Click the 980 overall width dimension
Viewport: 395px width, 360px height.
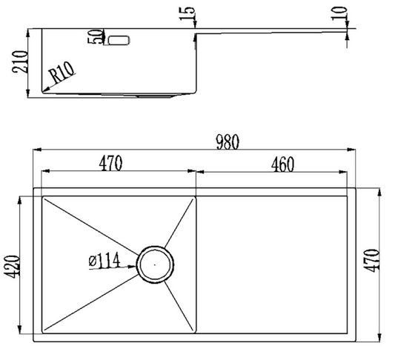pyautogui.click(x=228, y=142)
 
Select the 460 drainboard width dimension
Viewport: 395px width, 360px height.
pyautogui.click(x=282, y=164)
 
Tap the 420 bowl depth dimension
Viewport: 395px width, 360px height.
pyautogui.click(x=12, y=267)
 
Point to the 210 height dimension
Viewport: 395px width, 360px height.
pyautogui.click(x=19, y=62)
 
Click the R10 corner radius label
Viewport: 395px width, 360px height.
pyautogui.click(x=62, y=73)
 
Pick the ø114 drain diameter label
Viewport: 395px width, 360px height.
pyautogui.click(x=104, y=261)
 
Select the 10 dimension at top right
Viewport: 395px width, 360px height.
pyautogui.click(x=339, y=13)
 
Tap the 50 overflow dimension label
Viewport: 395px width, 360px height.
pyautogui.click(x=95, y=37)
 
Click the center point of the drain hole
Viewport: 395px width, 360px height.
pyautogui.click(x=155, y=264)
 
